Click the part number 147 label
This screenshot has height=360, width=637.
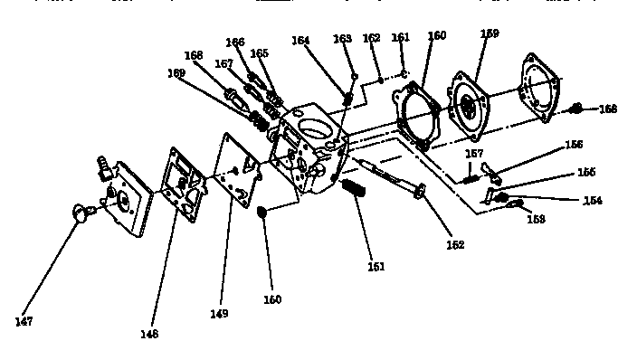pos(24,322)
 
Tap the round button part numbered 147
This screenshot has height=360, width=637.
pos(82,213)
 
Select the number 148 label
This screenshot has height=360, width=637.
pos(149,333)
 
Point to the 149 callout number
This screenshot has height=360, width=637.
pos(218,313)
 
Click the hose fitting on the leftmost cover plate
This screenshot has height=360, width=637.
pos(102,167)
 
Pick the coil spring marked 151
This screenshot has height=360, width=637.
pos(354,193)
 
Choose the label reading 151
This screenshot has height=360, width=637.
pos(376,266)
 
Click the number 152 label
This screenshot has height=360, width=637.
pos(454,244)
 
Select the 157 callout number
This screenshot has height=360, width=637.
pos(475,154)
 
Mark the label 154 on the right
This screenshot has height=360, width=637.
pos(593,200)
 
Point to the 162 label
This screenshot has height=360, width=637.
pos(372,38)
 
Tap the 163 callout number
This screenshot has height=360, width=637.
pos(342,39)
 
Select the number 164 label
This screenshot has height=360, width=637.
pos(301,40)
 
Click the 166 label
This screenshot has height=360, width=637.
pos(235,42)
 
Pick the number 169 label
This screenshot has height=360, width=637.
pos(176,72)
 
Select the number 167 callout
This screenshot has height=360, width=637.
pos(223,64)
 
